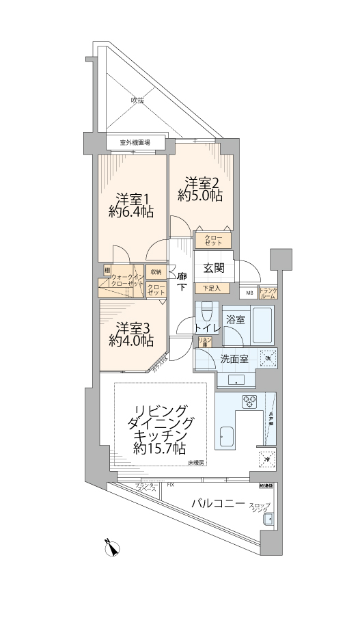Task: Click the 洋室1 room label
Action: (132, 198)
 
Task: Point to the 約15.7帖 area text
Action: (159, 448)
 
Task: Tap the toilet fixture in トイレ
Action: (207, 316)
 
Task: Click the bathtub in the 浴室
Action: (263, 325)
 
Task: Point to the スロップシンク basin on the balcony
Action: (268, 519)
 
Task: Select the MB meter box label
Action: (249, 293)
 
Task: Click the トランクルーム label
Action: (268, 293)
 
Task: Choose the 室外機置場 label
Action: (135, 143)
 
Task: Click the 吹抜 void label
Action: (138, 100)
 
